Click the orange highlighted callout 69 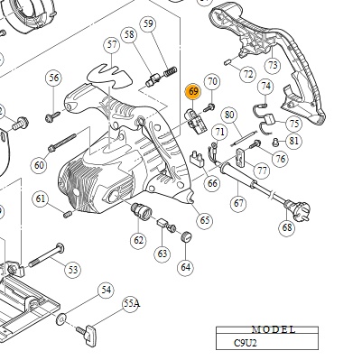pos(193,91)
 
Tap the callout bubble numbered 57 pos(112,45)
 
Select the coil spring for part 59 pos(170,72)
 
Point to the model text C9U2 pos(246,343)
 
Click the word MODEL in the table pos(274,330)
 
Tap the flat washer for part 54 pos(61,318)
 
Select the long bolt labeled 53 pos(46,255)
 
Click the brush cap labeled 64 pos(186,236)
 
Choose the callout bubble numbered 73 pos(273,65)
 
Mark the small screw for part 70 pos(209,107)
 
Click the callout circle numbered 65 pos(204,220)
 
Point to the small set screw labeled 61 pos(68,214)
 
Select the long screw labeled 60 pos(62,143)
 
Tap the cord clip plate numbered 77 pos(240,156)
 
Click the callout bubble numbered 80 pos(229,115)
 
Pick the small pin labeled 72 pos(227,62)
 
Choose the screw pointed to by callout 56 pos(52,117)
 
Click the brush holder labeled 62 pos(141,211)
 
